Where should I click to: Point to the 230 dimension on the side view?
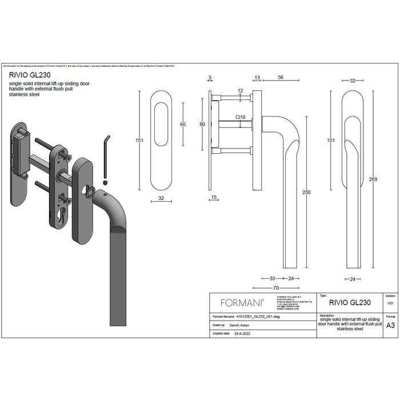tap(306, 193)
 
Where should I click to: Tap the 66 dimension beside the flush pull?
tap(183, 124)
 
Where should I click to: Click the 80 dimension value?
tap(202, 124)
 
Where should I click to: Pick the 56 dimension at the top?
tap(281, 77)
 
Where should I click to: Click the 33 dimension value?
tap(273, 279)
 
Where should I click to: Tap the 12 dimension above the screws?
tap(240, 90)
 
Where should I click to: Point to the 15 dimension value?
tap(214, 198)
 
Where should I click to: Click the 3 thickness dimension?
tap(210, 77)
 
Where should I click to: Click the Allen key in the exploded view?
tap(106, 154)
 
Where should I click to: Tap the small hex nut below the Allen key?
tap(106, 183)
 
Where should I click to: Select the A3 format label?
tap(390, 325)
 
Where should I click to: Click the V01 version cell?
tap(390, 303)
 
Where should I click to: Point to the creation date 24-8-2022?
tap(242, 333)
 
